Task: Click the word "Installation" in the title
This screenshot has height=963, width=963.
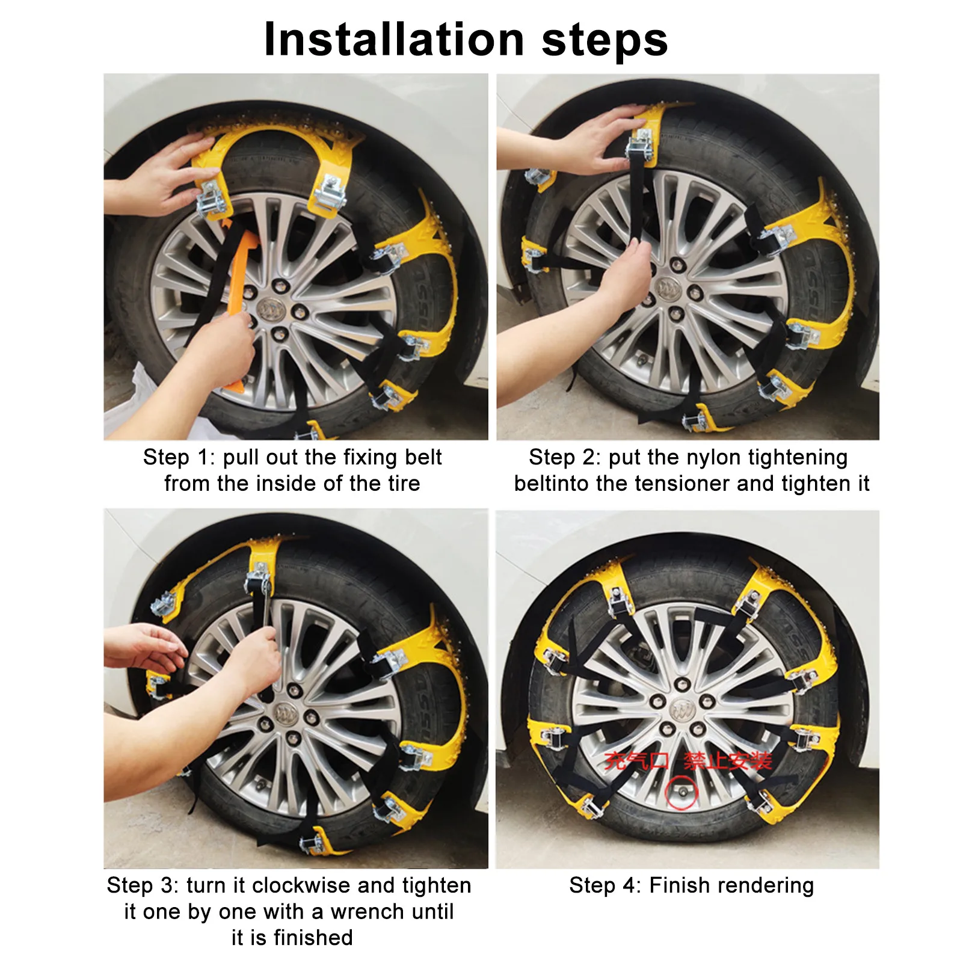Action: [x=395, y=40]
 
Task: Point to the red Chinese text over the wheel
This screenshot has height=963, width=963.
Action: [x=688, y=761]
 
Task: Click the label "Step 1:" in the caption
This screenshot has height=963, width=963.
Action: [x=179, y=458]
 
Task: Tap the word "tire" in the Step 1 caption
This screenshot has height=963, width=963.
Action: [x=402, y=484]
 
